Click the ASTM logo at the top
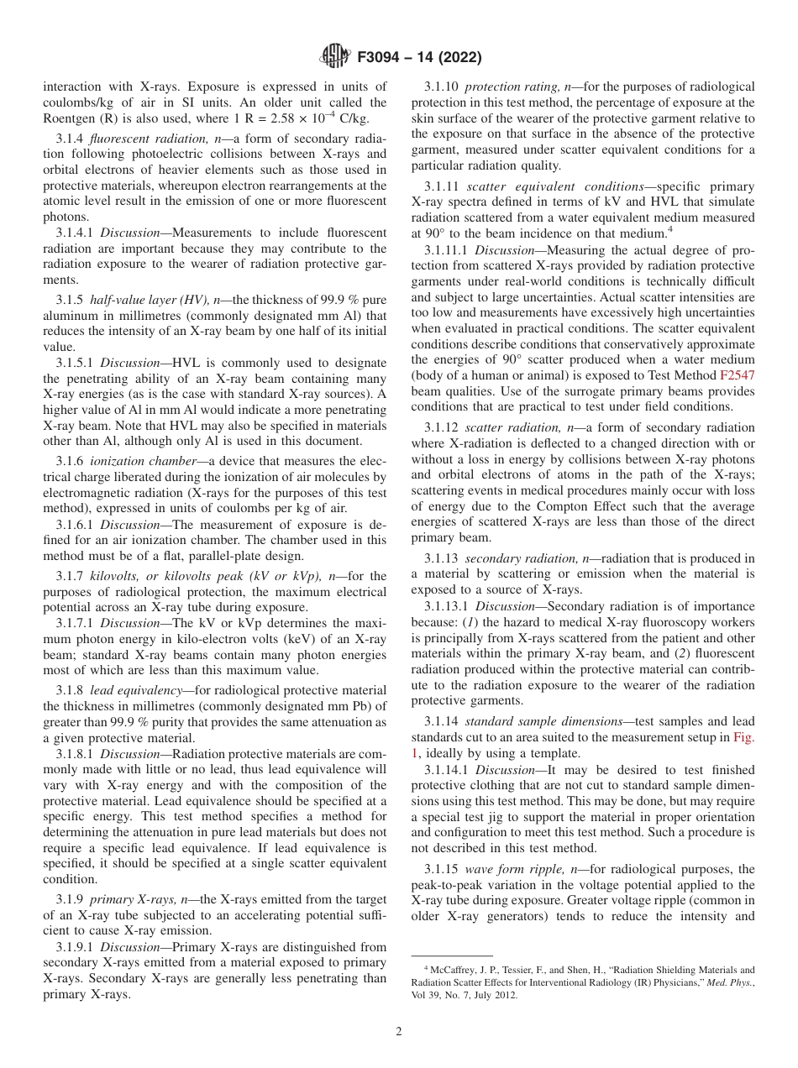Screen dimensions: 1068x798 pos(337,57)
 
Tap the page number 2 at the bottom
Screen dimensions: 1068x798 pos(399,1031)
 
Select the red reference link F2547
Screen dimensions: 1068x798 pos(738,375)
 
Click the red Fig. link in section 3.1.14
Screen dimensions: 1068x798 pos(743,736)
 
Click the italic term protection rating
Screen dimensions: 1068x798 pos(507,86)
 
